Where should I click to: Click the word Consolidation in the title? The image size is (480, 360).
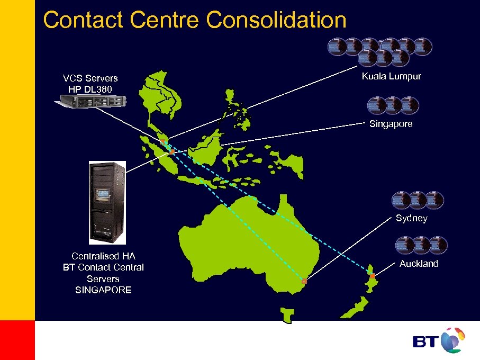(x=276, y=20)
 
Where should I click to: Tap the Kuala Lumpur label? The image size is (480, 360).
(x=391, y=76)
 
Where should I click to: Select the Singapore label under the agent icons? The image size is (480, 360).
(x=391, y=124)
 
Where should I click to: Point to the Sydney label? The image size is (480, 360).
(x=411, y=218)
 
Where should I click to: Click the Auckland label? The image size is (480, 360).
(x=419, y=264)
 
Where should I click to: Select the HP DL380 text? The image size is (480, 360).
(x=90, y=89)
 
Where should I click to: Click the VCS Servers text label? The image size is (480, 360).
(x=90, y=78)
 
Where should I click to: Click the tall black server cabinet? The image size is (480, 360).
(x=107, y=202)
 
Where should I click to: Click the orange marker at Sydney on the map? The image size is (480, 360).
(x=304, y=282)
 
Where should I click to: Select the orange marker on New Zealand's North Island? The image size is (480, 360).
(x=373, y=276)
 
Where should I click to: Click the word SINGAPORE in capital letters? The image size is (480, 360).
(x=103, y=290)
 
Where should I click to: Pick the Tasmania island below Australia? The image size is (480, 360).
(x=287, y=316)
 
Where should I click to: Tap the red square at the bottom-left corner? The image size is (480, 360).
(x=17, y=340)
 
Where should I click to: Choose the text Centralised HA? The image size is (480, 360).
(x=103, y=256)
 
